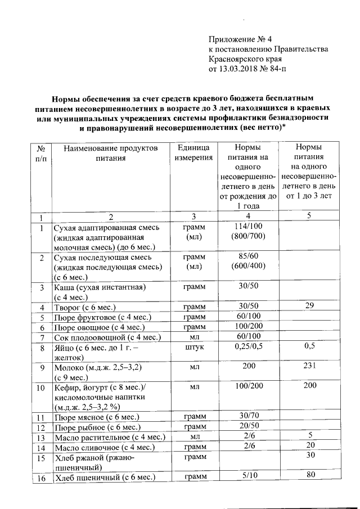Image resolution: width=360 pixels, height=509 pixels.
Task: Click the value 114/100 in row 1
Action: click(247, 227)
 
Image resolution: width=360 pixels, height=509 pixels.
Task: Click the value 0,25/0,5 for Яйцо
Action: click(247, 347)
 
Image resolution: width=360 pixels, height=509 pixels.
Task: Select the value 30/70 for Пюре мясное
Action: click(247, 417)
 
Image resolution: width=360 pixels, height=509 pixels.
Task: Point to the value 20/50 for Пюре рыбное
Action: click(247, 427)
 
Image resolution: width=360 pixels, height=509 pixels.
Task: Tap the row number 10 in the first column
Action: click(40, 388)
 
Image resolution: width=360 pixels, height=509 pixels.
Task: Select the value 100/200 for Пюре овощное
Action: click(247, 327)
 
